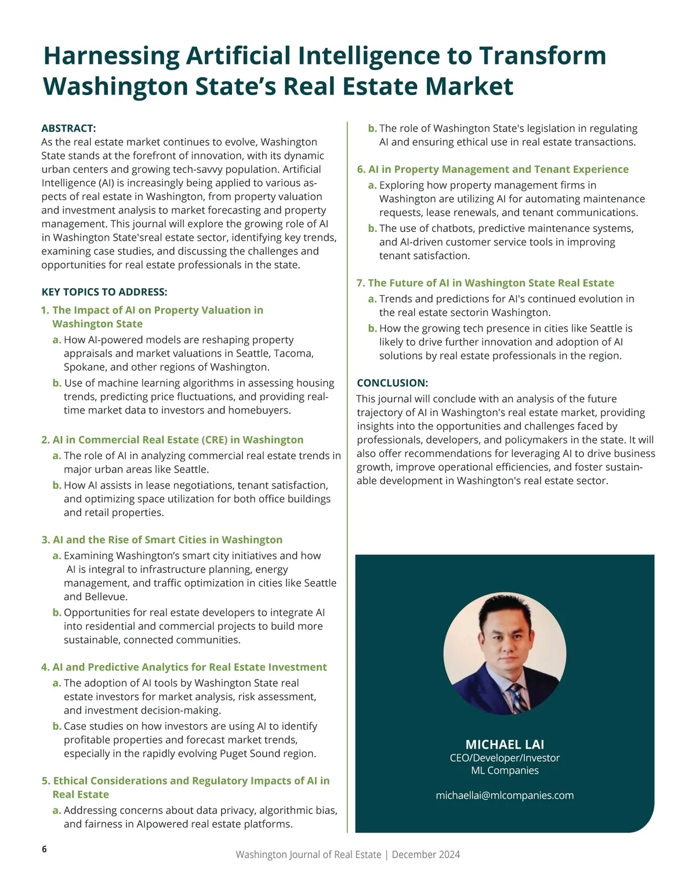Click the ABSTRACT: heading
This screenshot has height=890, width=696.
[x=68, y=128]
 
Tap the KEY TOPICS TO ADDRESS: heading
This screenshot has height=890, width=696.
[x=104, y=292]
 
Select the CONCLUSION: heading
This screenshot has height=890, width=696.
[x=392, y=383]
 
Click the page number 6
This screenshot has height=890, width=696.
[x=45, y=849]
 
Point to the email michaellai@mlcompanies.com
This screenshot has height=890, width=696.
[x=505, y=795]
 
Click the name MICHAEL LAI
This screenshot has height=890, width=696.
[x=505, y=744]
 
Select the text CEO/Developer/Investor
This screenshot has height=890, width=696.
[x=505, y=758]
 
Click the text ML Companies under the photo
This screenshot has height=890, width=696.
[x=505, y=771]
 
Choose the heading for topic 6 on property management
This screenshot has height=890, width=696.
[x=492, y=169]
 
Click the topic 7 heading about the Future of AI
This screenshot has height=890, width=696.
[x=485, y=283]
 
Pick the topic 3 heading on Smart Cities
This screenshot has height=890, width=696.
[x=162, y=540]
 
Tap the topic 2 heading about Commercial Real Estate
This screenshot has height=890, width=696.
[x=172, y=439]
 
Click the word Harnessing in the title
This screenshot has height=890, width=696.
[x=111, y=56]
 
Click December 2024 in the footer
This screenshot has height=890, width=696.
[x=426, y=855]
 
